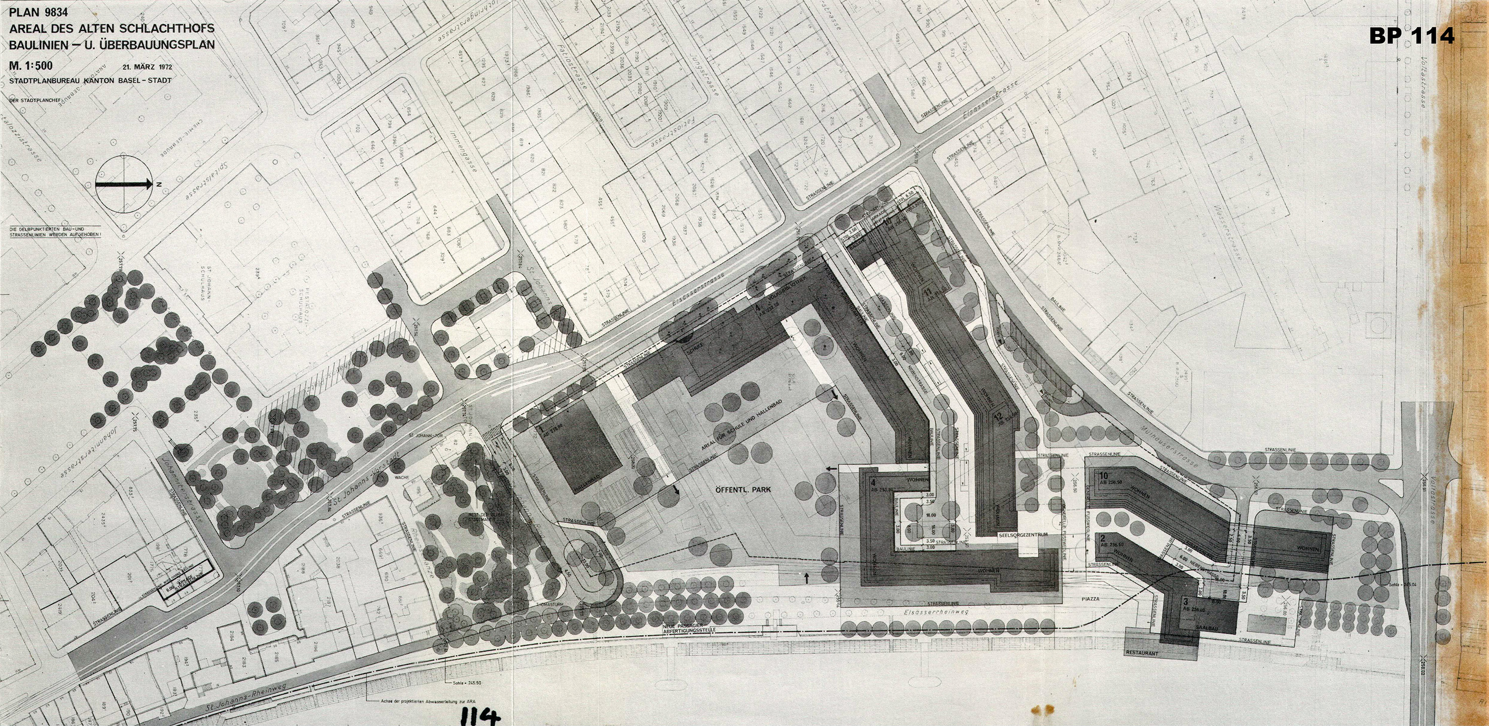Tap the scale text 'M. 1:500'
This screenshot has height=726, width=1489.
coord(32,67)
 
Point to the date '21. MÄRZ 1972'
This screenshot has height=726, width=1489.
coord(147,67)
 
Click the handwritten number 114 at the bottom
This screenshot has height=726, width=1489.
coord(478,715)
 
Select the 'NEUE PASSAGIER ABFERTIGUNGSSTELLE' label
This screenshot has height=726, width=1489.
coord(695,629)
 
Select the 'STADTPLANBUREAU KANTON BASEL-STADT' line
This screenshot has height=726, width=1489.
coord(90,80)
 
